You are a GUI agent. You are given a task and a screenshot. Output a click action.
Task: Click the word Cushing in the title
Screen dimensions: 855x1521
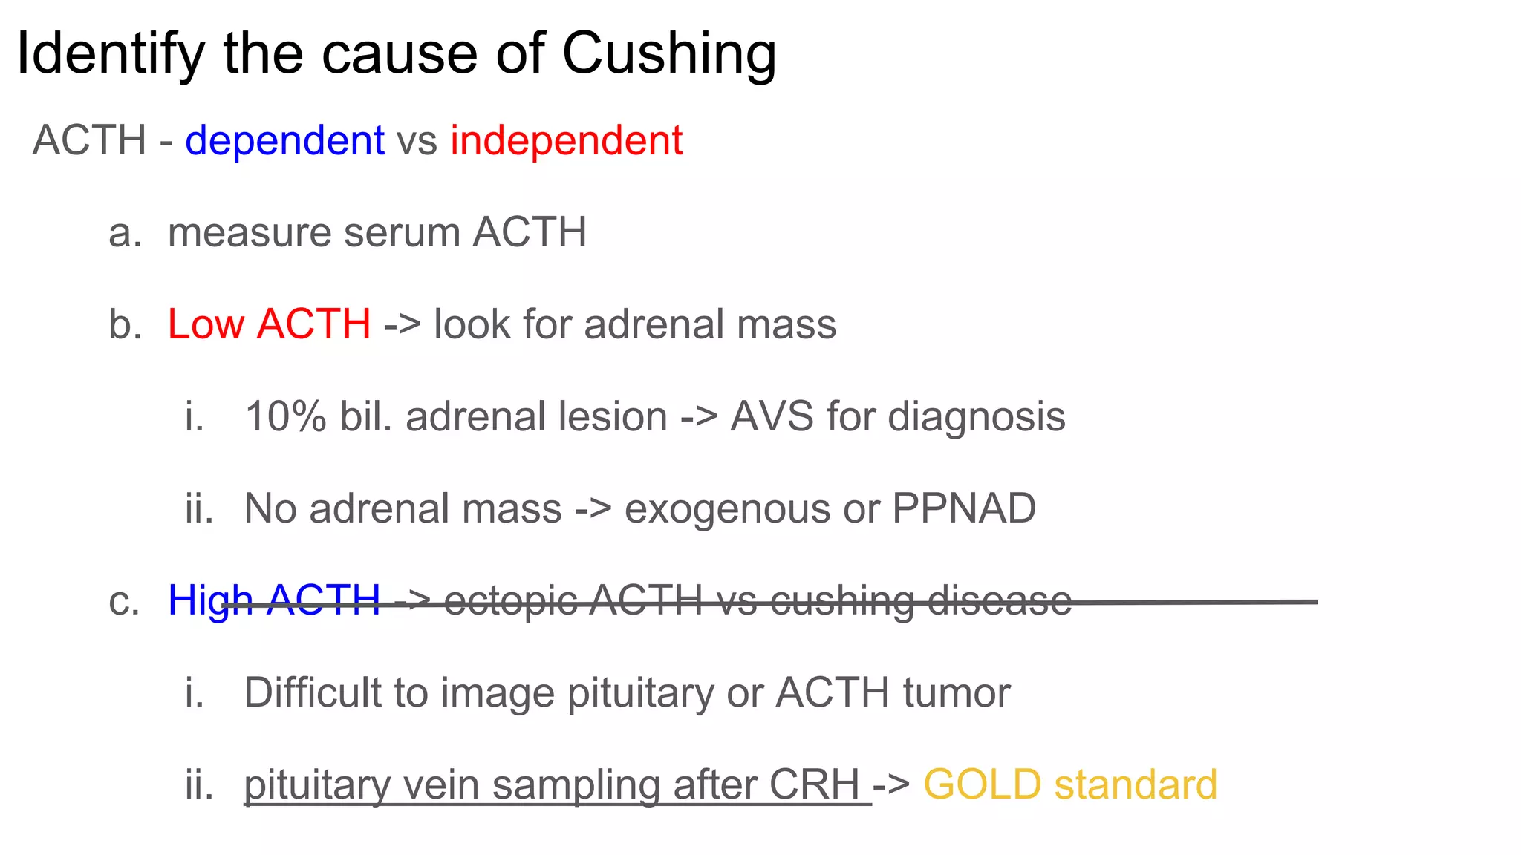(668, 55)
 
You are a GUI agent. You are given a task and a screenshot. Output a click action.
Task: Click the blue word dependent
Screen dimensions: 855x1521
(284, 140)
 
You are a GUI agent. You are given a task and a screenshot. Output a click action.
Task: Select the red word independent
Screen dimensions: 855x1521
(566, 140)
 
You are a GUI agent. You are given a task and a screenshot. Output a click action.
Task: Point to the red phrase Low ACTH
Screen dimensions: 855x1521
(269, 324)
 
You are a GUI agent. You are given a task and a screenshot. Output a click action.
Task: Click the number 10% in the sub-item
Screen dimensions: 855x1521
(285, 416)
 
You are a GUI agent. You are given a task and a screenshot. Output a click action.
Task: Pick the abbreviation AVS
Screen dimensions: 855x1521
(772, 416)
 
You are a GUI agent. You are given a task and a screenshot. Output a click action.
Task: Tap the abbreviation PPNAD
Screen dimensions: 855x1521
(963, 509)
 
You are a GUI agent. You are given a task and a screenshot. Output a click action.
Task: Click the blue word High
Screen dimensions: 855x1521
(210, 600)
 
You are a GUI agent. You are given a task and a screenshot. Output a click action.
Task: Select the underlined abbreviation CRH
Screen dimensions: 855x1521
(814, 784)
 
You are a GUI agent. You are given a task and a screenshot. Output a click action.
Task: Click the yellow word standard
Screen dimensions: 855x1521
(1136, 784)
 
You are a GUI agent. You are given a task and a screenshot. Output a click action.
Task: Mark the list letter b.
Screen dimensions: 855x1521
(124, 324)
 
